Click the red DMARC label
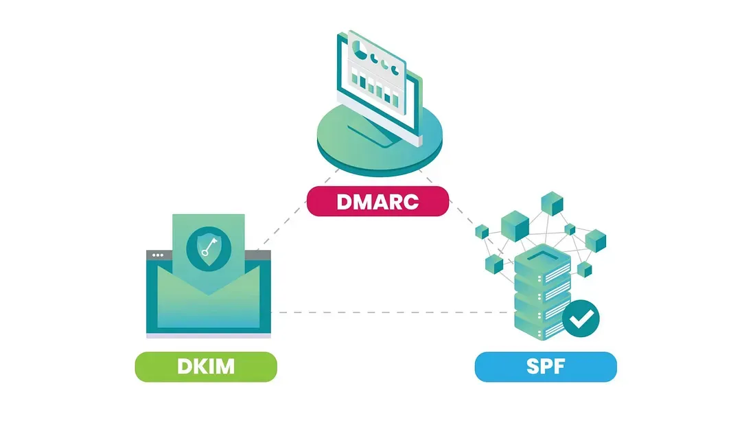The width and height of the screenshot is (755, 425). [377, 202]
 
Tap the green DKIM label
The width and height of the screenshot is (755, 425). [206, 367]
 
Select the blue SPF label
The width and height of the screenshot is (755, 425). [546, 367]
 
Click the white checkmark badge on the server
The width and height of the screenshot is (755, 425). [581, 318]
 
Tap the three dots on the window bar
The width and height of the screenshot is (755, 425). [158, 255]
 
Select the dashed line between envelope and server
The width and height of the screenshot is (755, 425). [391, 312]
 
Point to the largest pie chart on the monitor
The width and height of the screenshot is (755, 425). [357, 49]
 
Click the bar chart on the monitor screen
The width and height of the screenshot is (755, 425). [375, 86]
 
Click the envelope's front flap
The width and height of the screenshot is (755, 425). [209, 302]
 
